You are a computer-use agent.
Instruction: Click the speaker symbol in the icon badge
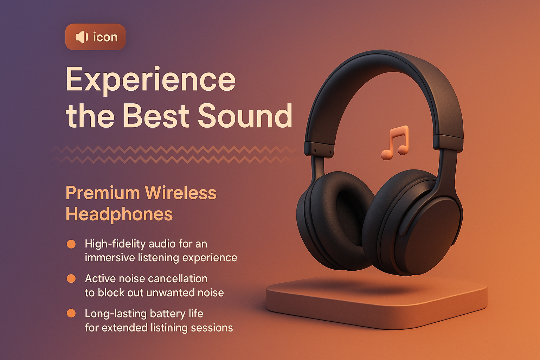82,37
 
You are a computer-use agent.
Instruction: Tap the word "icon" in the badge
105,37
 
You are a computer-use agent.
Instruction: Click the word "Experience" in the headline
150,80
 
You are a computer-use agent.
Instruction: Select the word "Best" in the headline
156,116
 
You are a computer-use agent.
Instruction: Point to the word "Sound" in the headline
245,116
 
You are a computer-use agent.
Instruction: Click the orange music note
395,143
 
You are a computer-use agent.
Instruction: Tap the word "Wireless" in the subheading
180,193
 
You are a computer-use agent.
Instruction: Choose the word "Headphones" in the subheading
119,214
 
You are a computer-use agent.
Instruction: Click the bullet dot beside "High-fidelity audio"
71,244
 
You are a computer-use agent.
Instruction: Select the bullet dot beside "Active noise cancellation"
71,279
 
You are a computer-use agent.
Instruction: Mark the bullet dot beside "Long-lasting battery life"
71,313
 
